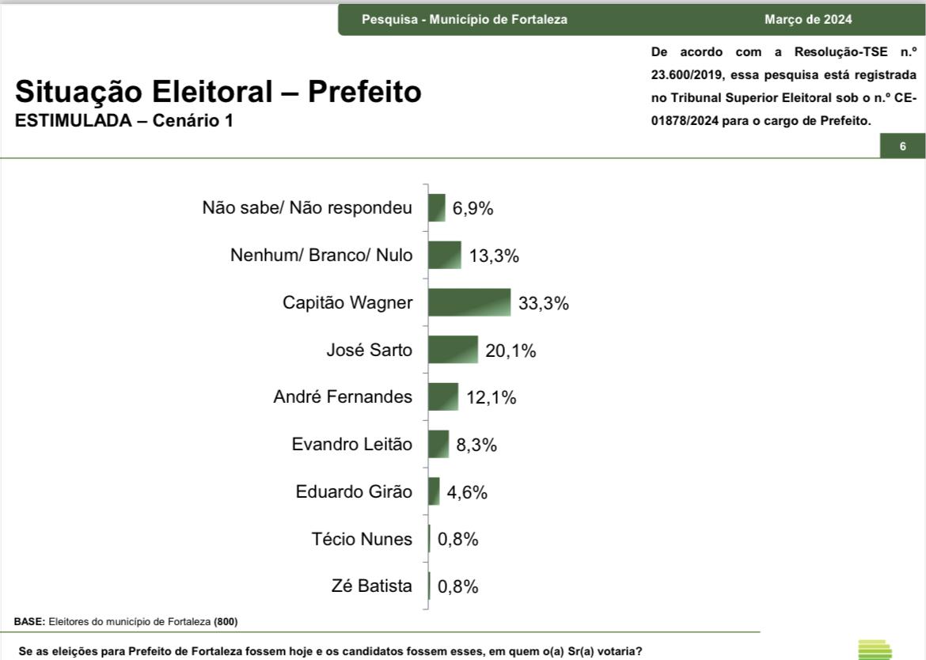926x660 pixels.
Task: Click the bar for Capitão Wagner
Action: tap(469, 302)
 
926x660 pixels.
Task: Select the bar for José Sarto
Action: tap(454, 350)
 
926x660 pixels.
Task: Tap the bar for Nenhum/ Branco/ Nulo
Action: tap(445, 256)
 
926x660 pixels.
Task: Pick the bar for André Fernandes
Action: tap(443, 397)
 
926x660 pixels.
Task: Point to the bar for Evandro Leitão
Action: tap(438, 444)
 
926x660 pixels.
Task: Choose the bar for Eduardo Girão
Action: tap(434, 491)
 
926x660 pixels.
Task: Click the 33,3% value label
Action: tap(544, 303)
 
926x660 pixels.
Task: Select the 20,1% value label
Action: tap(510, 351)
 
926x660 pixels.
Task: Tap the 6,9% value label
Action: tap(473, 209)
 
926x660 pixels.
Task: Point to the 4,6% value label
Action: tap(467, 492)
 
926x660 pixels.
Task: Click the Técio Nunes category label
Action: tap(362, 540)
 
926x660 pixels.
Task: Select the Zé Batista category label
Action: tap(372, 586)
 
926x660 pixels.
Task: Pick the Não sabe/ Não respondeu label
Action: tap(307, 208)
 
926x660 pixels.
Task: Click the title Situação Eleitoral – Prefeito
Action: tap(218, 93)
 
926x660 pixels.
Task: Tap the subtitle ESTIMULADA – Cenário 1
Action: tap(124, 121)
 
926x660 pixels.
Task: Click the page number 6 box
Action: tap(902, 146)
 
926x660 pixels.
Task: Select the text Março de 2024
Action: tap(808, 20)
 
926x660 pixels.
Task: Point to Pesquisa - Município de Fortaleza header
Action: tap(465, 20)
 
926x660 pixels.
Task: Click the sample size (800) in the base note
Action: tap(226, 621)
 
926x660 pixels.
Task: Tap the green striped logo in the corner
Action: tap(875, 649)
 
